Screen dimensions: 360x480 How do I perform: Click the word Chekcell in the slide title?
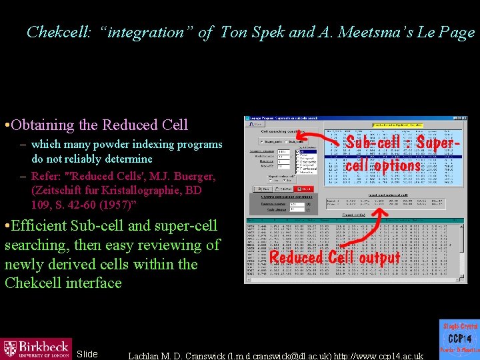tap(54, 32)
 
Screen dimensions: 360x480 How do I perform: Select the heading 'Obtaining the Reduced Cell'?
tap(100, 125)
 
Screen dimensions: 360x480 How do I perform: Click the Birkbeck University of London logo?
tap(37, 348)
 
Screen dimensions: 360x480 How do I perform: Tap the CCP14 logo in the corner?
tap(459, 339)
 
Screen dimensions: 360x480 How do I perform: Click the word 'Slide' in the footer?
tap(87, 354)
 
